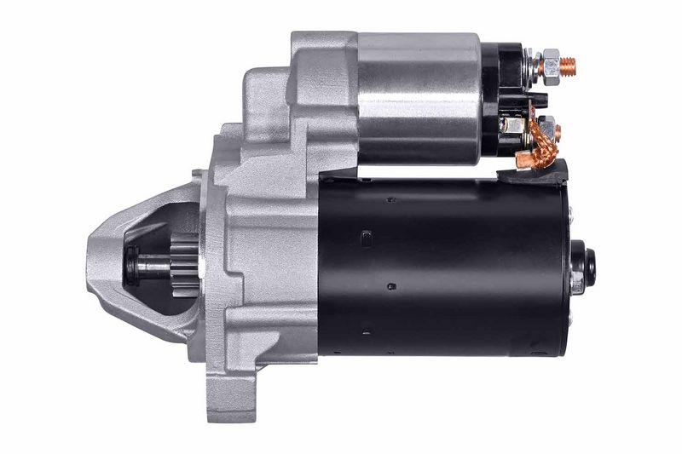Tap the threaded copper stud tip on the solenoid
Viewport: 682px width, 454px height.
[567, 65]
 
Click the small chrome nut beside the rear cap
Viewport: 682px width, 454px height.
[577, 286]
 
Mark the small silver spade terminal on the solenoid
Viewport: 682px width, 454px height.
[511, 124]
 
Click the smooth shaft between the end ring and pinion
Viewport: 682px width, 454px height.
[153, 267]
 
